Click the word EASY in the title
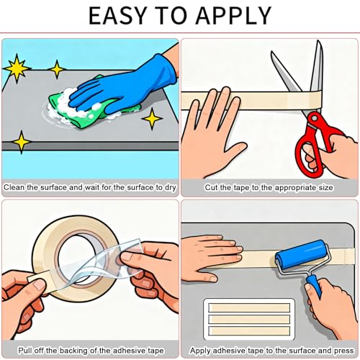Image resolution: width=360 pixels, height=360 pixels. [x=117, y=16]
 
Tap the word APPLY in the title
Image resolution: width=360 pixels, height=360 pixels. [x=233, y=16]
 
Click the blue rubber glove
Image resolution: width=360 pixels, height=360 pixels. [x=125, y=86]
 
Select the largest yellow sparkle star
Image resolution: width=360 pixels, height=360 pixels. [x=17, y=68]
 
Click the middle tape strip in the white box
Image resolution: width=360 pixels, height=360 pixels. [x=249, y=319]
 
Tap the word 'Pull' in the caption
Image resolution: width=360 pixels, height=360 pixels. [x=25, y=351]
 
